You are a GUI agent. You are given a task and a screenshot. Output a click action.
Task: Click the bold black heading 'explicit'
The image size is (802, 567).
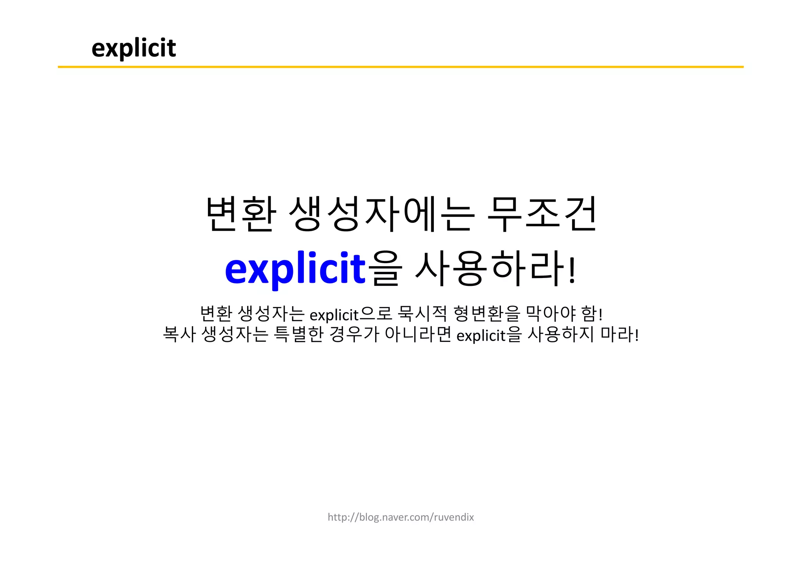point(134,48)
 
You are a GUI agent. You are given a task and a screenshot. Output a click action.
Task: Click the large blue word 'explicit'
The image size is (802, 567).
point(295,269)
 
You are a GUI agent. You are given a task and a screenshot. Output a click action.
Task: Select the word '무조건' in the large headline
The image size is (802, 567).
point(542,214)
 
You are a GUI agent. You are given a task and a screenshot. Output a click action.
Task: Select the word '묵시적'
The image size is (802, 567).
point(422,314)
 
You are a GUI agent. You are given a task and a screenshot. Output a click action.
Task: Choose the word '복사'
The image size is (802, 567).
point(179,335)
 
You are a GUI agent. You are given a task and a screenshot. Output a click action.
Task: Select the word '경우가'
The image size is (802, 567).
point(354,335)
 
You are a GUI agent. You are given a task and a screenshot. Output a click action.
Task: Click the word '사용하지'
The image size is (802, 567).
point(561,335)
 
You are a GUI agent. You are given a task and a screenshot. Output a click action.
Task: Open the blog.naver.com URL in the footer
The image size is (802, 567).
point(401,517)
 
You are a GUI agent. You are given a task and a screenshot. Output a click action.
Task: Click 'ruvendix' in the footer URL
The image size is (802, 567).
point(454,517)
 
